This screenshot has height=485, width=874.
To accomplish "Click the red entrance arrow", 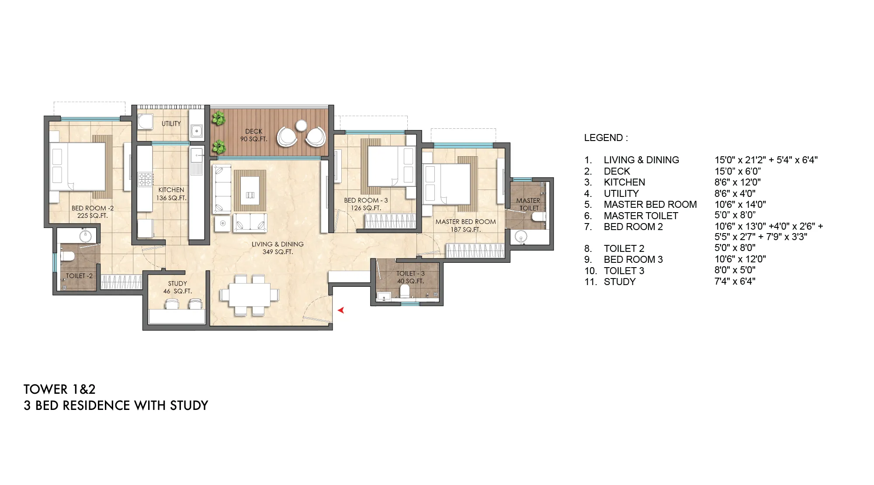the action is point(341,310).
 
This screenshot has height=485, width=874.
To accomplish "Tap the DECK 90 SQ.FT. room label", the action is point(254,135).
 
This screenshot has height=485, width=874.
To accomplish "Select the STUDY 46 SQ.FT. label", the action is point(177,287).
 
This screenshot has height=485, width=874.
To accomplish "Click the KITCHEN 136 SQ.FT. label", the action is point(171,194).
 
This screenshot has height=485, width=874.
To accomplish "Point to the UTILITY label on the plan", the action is point(171,124).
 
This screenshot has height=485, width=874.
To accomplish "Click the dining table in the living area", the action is point(249,295).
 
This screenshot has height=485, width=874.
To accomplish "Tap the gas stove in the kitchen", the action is point(146,179).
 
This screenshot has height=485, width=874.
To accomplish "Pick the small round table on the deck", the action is point(301,125).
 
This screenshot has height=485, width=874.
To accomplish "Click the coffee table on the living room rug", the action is point(250,190).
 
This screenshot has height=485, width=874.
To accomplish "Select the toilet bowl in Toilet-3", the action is point(405,292).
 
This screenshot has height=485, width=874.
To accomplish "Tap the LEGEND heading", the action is point(606,138).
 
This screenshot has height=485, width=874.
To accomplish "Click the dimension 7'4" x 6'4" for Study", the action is point(735,282).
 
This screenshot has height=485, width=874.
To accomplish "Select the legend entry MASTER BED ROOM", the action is point(650,204).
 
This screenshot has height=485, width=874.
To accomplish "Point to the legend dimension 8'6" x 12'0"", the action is point(738,182).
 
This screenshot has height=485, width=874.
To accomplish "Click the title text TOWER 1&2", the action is point(59,389).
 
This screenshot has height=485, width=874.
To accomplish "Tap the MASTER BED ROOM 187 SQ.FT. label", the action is point(466,225).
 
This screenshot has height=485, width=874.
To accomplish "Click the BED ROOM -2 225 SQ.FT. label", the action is point(93,212).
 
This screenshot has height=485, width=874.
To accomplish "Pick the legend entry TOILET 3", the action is point(624,271).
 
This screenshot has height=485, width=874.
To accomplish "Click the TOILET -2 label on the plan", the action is point(79,276).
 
